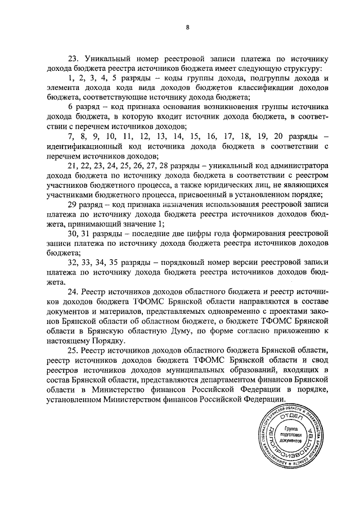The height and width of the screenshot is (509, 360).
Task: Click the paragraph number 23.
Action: click(x=73, y=58)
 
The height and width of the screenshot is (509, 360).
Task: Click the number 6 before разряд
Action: click(x=70, y=107)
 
